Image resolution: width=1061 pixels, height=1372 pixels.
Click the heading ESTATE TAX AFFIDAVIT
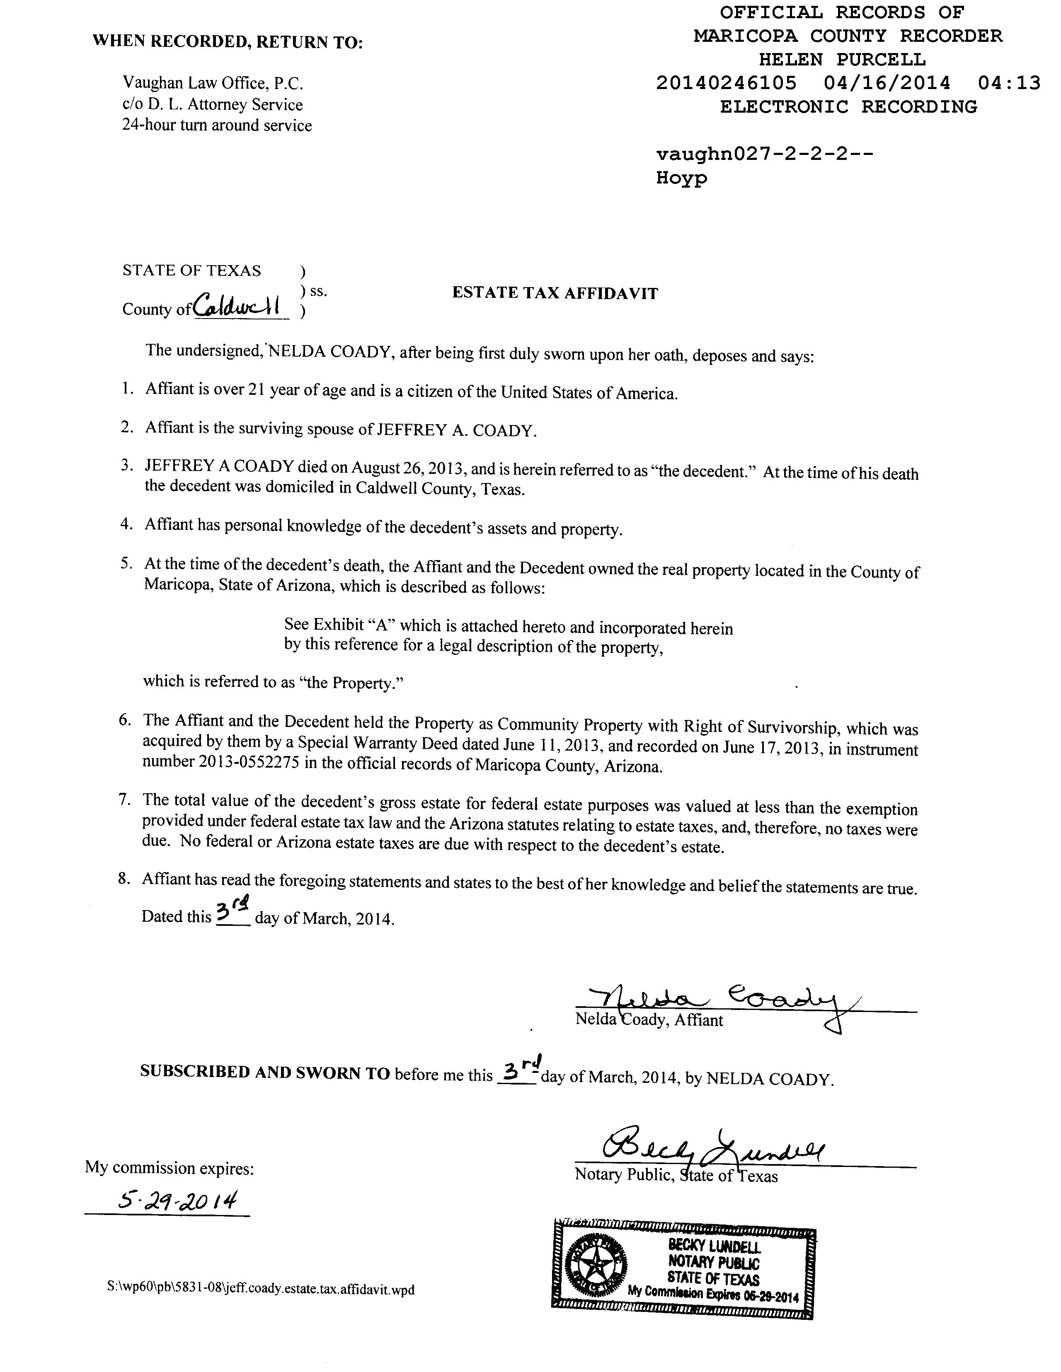[555, 293]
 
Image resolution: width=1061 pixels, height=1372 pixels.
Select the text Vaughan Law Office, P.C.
[213, 83]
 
